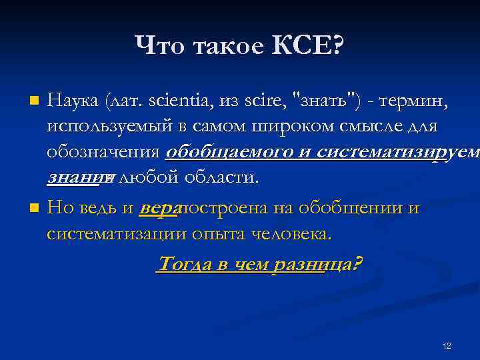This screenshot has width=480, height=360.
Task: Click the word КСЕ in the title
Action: pos(308,47)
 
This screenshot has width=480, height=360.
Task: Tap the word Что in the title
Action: pos(161,47)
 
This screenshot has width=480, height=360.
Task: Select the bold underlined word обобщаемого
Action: pos(223,151)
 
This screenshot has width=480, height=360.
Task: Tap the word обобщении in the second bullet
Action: pos(355,208)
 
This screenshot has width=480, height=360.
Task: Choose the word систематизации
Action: pos(116,233)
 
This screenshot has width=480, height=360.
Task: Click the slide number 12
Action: pos(447,346)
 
